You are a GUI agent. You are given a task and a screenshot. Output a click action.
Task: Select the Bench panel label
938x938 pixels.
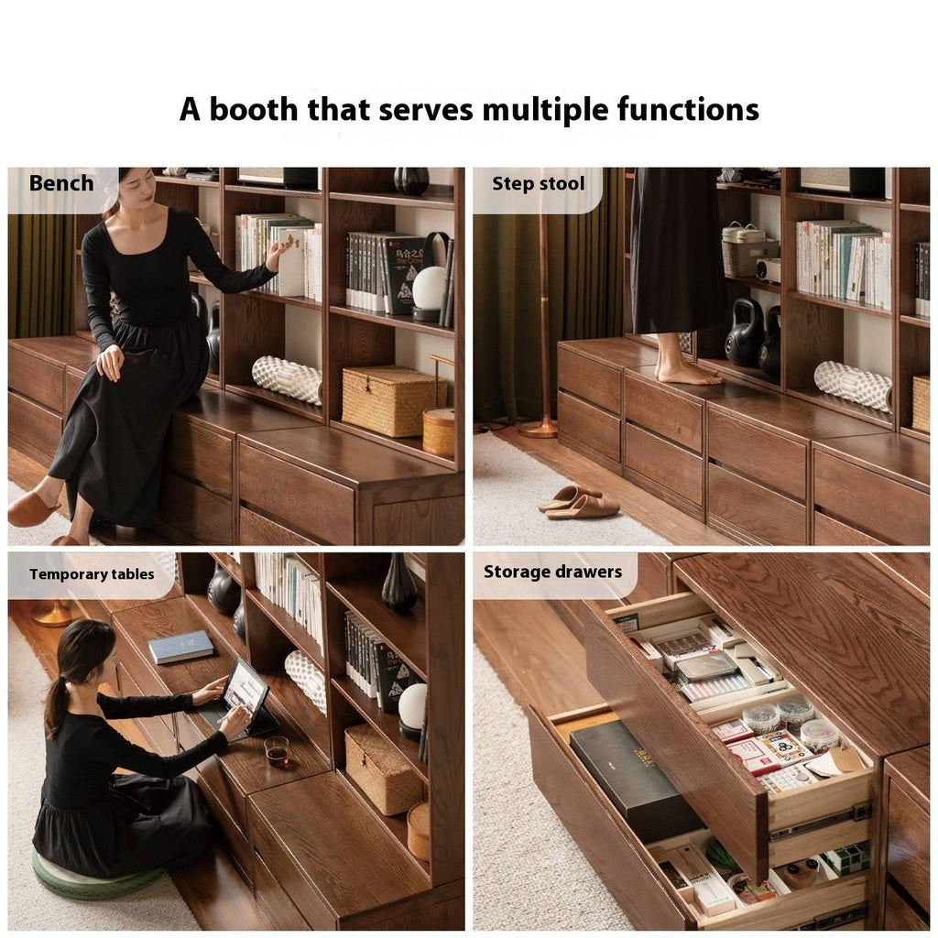click(x=61, y=183)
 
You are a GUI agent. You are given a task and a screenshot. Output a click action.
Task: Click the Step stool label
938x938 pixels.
click(x=538, y=183)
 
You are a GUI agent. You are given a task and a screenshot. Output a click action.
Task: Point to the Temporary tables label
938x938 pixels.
click(x=90, y=574)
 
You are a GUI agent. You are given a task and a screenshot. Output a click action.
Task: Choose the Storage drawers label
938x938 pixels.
click(x=552, y=573)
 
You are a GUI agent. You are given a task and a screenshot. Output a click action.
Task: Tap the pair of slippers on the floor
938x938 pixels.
click(x=579, y=502)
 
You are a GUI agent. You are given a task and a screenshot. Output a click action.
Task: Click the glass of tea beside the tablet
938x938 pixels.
click(x=277, y=750)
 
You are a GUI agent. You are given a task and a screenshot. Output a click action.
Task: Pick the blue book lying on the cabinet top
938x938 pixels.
click(x=180, y=647)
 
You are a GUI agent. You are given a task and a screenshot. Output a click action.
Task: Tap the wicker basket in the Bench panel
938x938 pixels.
click(x=388, y=400)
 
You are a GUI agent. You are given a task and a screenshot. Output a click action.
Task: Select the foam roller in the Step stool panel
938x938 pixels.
click(x=853, y=385)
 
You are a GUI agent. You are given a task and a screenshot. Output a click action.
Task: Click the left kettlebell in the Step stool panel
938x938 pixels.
click(x=744, y=333)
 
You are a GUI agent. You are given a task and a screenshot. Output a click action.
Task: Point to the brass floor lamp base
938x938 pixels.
click(x=538, y=427)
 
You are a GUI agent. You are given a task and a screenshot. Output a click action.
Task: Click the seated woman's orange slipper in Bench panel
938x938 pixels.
click(x=32, y=509)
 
